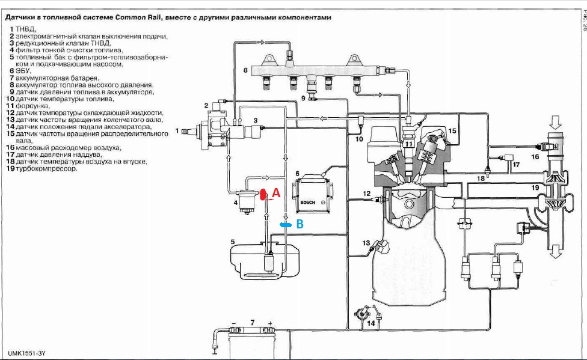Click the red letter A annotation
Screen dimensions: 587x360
click(276, 193)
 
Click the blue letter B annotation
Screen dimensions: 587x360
click(300, 224)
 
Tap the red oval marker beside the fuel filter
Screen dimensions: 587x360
click(263, 194)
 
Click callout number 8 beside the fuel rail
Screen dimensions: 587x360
click(245, 70)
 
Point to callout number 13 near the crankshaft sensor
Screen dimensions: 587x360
click(366, 243)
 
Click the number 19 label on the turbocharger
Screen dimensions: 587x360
click(535, 188)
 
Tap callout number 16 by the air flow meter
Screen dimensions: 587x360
click(535, 156)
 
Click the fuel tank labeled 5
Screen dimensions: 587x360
click(265, 261)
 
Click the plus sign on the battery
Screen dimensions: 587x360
click(270, 323)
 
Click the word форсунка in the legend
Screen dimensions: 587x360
click(32, 106)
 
